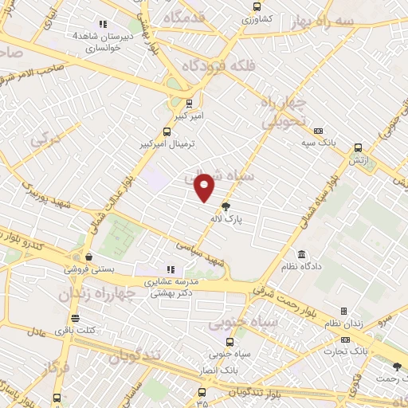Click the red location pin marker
point(205,187)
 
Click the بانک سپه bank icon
point(318,131)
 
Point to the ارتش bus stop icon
point(358,147)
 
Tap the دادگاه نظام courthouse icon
point(301,255)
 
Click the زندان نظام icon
point(343,311)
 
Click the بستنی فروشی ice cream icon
point(88,257)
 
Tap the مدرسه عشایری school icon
point(171,269)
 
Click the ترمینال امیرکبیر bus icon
point(167,132)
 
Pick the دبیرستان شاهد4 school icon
point(103,24)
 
